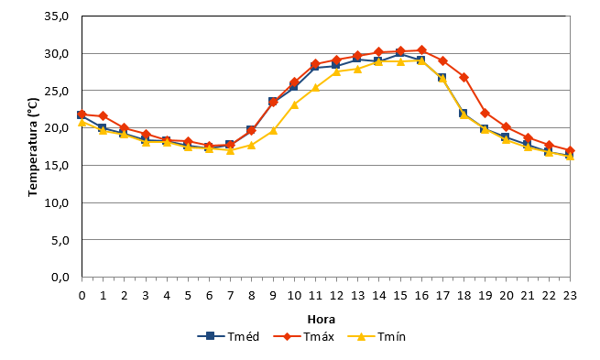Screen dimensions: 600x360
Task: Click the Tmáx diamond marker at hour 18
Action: coord(464,77)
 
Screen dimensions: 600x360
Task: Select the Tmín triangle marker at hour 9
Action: coord(273,130)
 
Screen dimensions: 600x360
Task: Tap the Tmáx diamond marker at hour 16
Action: coord(421,49)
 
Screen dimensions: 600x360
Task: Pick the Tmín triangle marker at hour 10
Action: coord(294,104)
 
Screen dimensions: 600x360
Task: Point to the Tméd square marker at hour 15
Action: coord(400,53)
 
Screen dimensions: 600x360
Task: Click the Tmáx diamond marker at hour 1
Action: coord(103,116)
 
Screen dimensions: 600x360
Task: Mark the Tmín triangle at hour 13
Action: coord(358,69)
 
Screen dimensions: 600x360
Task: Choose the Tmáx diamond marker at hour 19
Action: coord(485,113)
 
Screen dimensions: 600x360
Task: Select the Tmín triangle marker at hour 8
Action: coord(252,145)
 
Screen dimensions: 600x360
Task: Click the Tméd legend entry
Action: coord(228,337)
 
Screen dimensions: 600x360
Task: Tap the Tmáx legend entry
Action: coord(304,337)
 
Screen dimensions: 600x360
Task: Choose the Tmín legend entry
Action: coord(376,337)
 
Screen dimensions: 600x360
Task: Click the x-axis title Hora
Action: coord(322,319)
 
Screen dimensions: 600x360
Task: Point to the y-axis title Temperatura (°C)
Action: coord(33,147)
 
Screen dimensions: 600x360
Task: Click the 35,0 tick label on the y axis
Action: coord(57,16)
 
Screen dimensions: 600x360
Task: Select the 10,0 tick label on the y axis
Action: coord(57,202)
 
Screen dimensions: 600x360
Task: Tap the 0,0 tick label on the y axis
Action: coord(60,277)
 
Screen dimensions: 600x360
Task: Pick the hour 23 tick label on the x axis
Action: coord(570,295)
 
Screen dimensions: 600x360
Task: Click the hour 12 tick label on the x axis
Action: coord(337,295)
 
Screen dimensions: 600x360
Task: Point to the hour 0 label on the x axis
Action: coord(82,295)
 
